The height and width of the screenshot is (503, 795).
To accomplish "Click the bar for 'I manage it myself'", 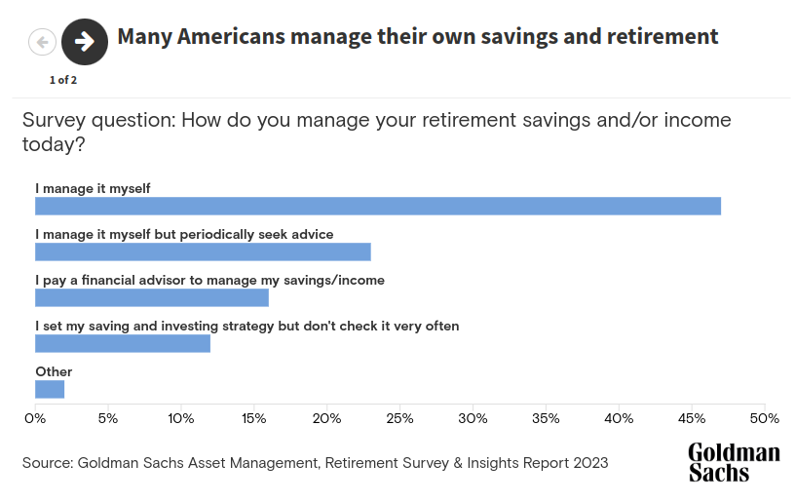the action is point(378,207).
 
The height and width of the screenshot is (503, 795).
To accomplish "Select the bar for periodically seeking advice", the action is point(203,252).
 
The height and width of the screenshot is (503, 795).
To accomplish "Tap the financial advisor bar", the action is point(152,297).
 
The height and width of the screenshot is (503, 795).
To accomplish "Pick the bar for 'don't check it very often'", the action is point(123,343).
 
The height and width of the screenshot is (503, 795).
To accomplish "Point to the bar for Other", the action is point(50,389).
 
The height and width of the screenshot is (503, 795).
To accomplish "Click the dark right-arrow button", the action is point(85,42).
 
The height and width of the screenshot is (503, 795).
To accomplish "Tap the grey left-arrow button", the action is point(42,42).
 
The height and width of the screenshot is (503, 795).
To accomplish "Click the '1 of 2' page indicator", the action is point(63,80).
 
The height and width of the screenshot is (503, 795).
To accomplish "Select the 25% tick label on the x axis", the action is point(400,419).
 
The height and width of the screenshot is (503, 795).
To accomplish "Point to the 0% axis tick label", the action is point(35,419).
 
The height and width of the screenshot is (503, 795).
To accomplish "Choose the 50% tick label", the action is point(765,419).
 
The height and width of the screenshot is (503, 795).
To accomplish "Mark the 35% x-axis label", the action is point(546,419).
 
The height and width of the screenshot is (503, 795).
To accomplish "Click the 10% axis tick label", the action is point(181,419).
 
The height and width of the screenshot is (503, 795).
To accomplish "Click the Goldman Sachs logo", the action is point(735,462).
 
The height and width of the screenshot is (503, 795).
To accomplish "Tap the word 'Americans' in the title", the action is point(231,36).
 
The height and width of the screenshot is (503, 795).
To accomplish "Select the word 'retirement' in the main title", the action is point(662,36).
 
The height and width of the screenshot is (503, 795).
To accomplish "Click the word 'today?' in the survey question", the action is point(54,145).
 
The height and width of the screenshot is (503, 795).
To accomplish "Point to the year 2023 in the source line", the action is point(590,463).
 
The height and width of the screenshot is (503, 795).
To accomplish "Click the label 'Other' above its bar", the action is point(54,371).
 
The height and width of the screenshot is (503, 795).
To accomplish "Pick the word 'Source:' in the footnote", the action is point(48,463).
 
